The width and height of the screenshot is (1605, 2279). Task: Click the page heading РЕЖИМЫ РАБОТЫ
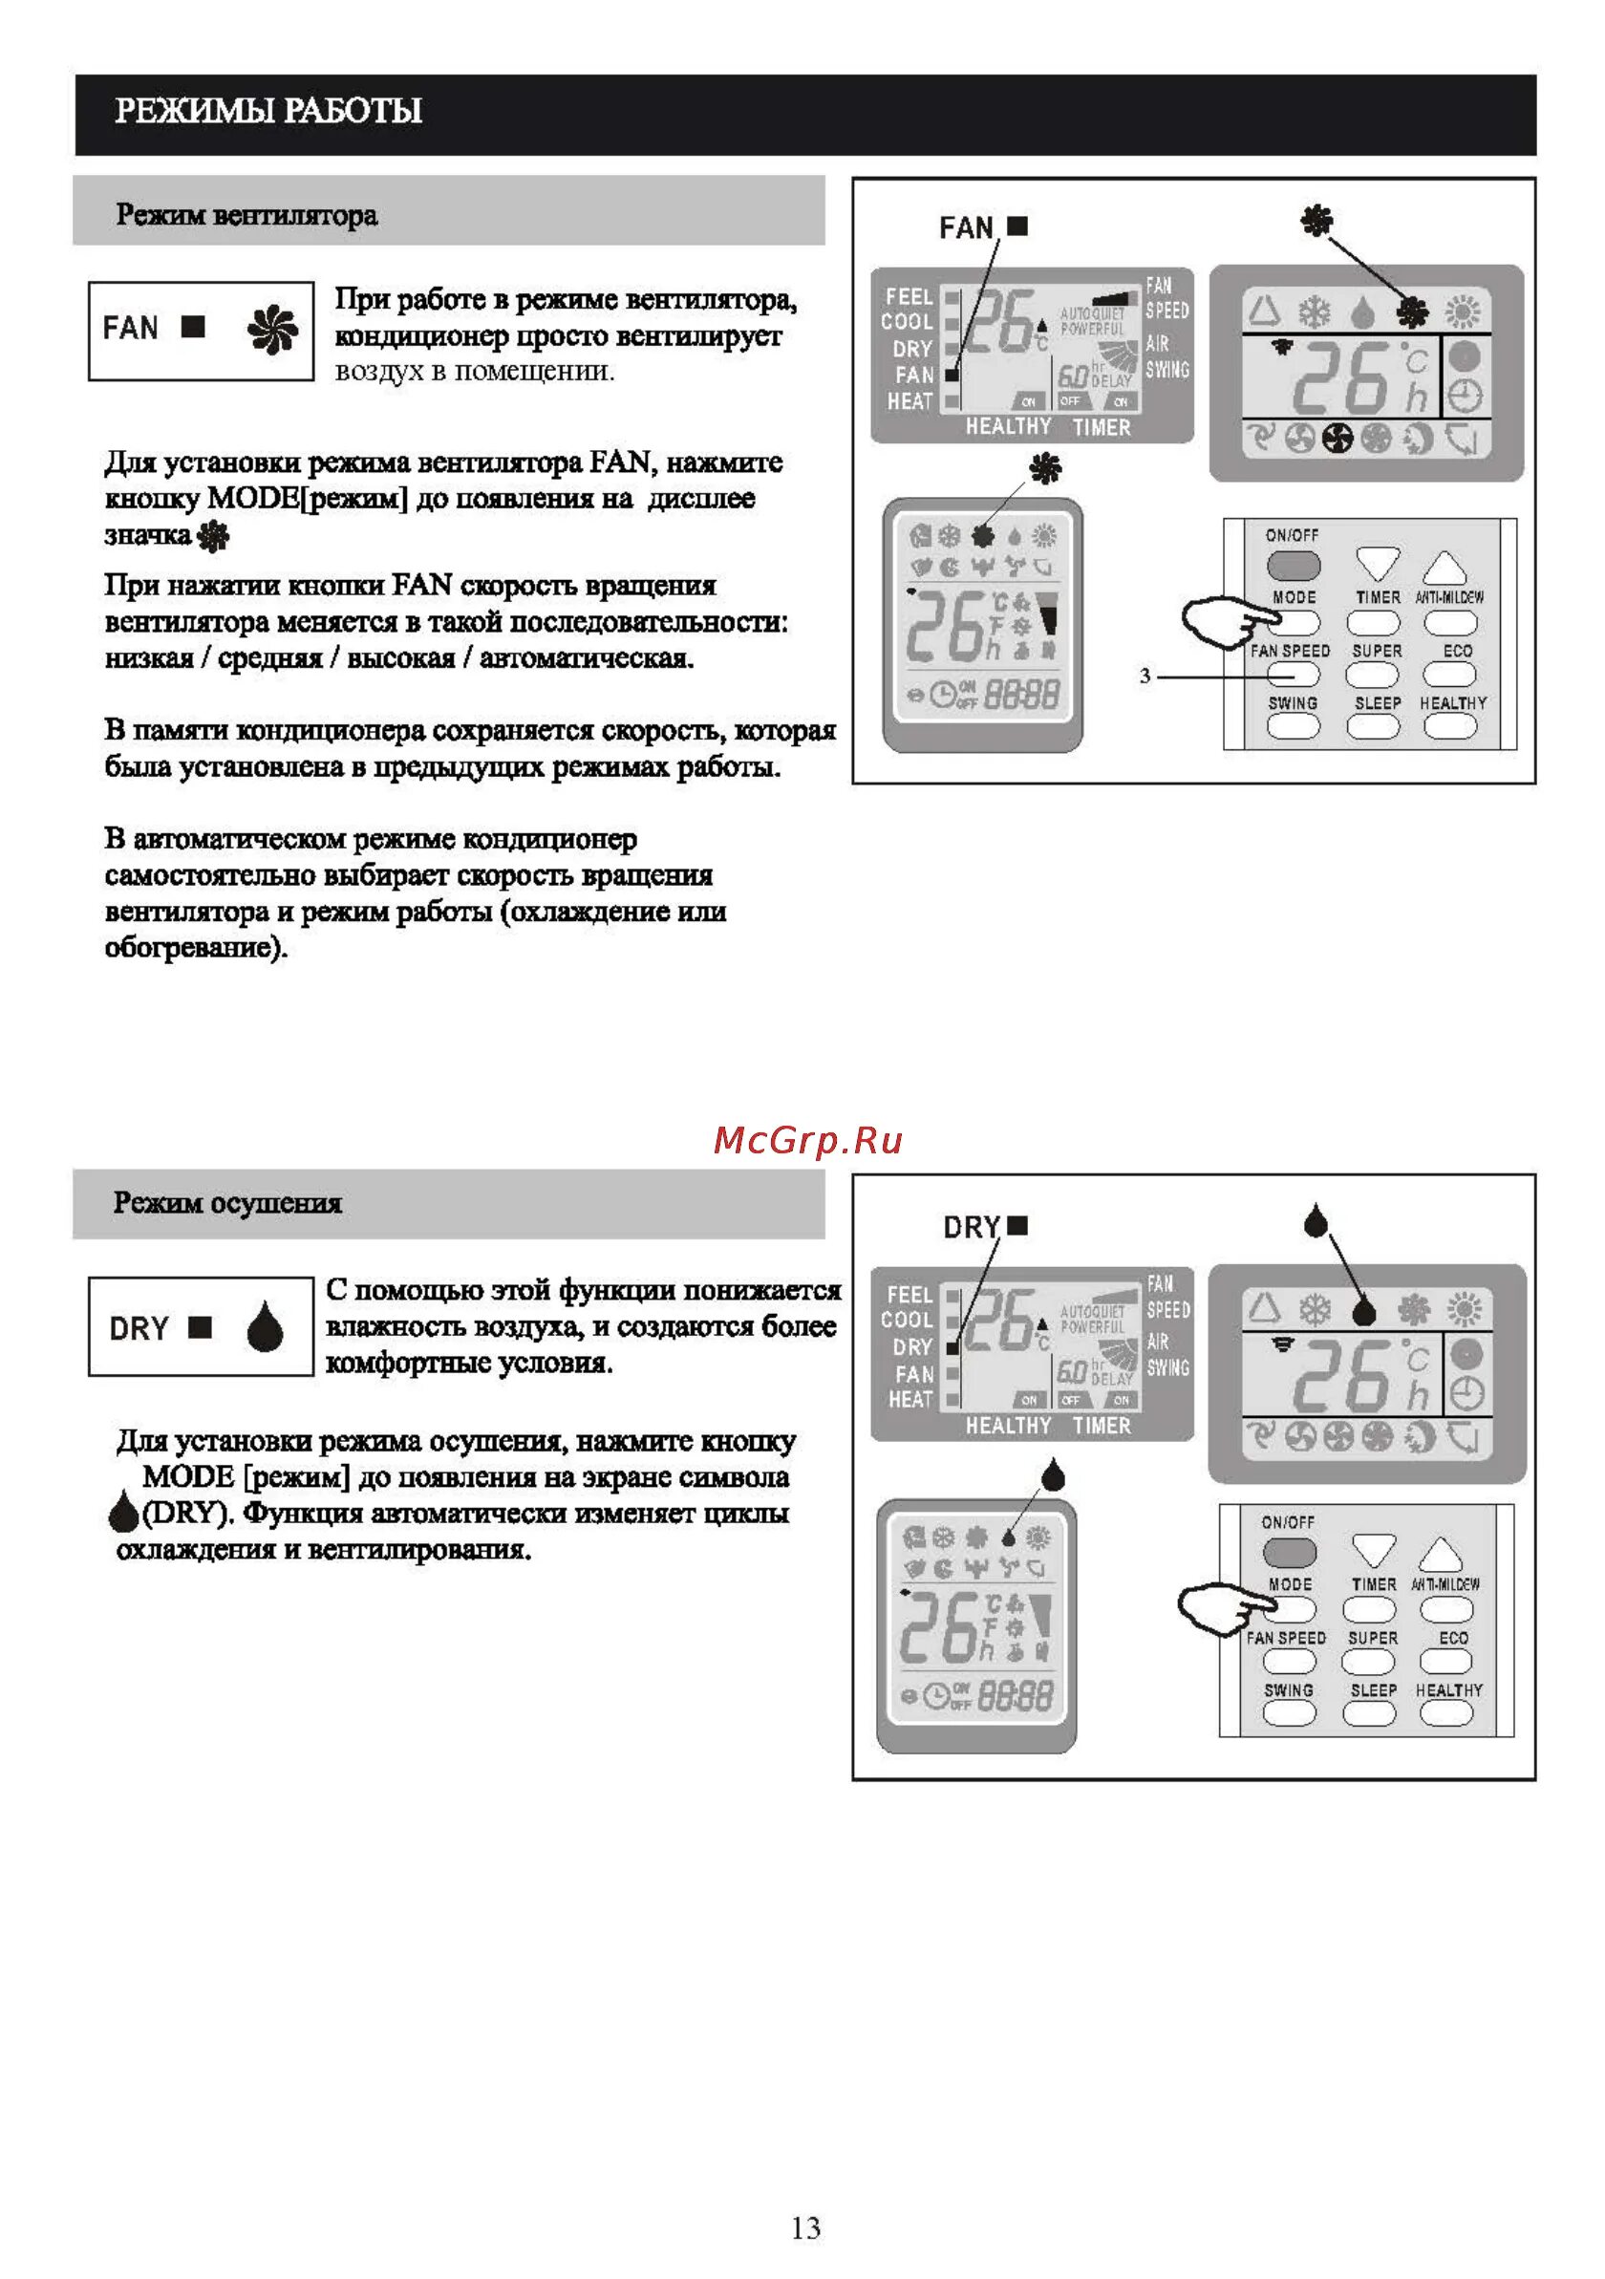(268, 110)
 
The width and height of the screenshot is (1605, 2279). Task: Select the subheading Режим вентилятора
(246, 214)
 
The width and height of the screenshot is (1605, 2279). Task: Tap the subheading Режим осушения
(227, 1202)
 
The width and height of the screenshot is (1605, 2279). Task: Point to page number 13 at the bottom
(805, 2227)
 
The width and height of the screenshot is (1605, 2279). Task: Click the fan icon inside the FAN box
(272, 331)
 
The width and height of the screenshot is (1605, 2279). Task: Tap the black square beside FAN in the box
(194, 327)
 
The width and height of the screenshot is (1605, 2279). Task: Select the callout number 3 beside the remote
(1145, 676)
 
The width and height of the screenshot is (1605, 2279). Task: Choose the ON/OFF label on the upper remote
(1292, 535)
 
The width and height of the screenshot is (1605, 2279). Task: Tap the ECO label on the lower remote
(1453, 1638)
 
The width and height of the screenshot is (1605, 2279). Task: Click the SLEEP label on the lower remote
(1373, 1689)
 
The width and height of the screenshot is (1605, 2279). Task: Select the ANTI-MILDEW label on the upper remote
(1449, 597)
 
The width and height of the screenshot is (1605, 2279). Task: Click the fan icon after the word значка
(213, 537)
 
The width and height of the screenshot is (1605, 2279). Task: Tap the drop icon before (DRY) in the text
(123, 1513)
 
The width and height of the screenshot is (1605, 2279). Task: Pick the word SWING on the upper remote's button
(1293, 702)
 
